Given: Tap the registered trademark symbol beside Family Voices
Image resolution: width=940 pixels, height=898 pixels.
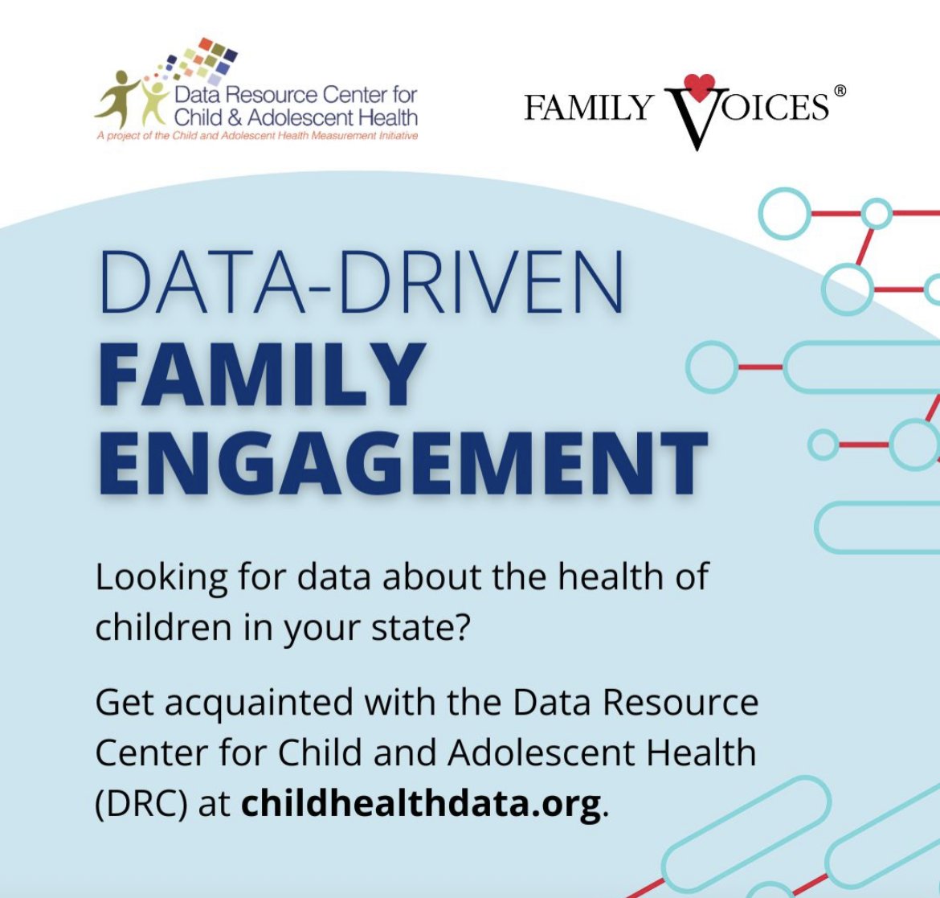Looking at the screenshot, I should pos(840,92).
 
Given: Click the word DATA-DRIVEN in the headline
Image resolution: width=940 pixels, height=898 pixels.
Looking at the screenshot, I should pos(362,284).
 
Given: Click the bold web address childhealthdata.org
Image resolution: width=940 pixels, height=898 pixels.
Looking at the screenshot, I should pos(421,803).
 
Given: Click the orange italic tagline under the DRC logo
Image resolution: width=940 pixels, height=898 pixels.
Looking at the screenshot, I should pos(256,136).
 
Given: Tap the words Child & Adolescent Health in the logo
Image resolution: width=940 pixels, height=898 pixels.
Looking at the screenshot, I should pos(296,117).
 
